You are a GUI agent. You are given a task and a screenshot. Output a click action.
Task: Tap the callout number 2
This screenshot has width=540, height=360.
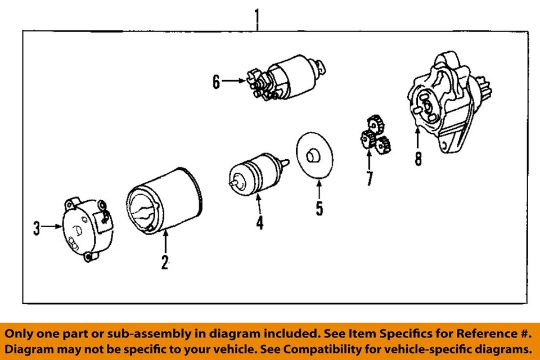[165, 262]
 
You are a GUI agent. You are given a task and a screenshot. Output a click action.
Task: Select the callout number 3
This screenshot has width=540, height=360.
[37, 228]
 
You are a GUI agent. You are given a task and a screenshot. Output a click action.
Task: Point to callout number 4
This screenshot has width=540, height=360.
[259, 223]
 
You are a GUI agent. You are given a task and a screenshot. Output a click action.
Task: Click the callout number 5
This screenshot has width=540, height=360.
[319, 209]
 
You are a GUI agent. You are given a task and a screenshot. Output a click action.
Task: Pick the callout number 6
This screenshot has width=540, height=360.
[216, 82]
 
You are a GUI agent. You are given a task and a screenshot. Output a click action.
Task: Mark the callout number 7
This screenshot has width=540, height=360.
[369, 178]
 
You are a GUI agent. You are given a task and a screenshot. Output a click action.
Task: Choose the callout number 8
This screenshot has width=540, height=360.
[418, 159]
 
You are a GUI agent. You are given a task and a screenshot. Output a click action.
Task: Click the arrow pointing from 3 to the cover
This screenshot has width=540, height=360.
[52, 227]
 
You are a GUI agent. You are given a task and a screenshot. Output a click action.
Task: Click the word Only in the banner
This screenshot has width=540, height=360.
[21, 333]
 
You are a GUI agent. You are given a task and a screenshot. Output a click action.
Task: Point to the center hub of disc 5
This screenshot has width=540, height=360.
[311, 155]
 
